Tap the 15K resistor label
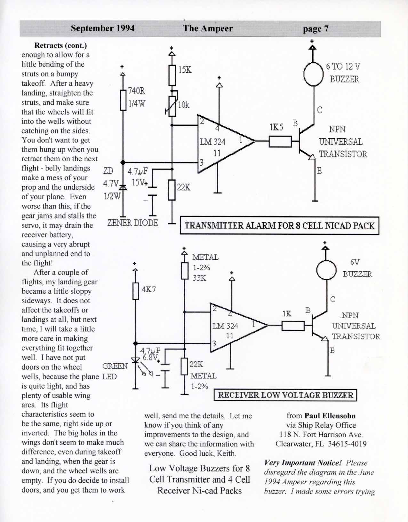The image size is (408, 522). point(185,70)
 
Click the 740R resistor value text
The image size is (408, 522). point(136,91)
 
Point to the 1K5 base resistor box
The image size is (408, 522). point(280,141)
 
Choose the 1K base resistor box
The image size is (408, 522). point(293,326)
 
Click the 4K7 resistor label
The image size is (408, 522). point(149,289)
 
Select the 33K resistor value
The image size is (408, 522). point(199,278)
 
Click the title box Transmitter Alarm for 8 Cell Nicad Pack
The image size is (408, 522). point(279,225)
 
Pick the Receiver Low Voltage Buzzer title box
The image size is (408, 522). point(285,395)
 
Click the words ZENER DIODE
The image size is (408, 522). point(132,223)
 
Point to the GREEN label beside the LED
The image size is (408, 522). point(115,366)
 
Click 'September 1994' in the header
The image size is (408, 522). point(103,28)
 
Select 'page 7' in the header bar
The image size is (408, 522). point(316,29)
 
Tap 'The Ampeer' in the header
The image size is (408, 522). point(208,28)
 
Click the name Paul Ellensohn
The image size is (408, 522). point(330,416)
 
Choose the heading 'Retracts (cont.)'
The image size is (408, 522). point(60,45)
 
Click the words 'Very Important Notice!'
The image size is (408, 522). point(303,463)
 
